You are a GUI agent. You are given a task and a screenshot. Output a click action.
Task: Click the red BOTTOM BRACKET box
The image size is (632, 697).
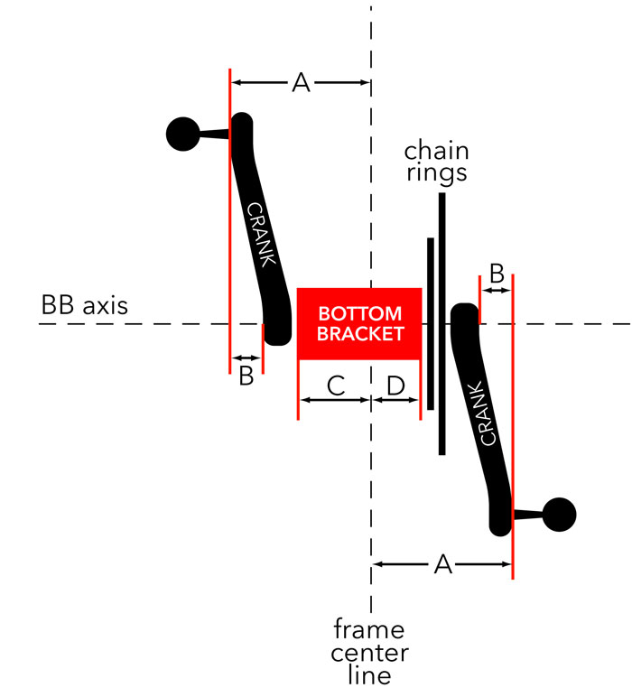click(x=359, y=323)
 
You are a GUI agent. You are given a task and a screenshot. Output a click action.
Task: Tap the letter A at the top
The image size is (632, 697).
click(x=301, y=83)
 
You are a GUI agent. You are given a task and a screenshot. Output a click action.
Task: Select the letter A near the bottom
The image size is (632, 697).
click(x=442, y=564)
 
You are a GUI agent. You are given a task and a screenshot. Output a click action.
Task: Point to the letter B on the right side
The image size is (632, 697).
click(x=496, y=272)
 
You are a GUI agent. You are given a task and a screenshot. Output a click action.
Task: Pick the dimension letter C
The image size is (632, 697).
click(x=335, y=386)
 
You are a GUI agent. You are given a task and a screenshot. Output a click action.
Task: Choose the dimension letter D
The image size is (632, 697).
click(x=395, y=386)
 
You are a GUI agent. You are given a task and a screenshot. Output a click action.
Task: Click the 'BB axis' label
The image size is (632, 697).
click(x=85, y=305)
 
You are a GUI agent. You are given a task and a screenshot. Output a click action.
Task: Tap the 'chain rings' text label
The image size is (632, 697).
click(x=436, y=161)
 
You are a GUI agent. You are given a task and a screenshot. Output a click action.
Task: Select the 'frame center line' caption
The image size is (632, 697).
click(x=370, y=652)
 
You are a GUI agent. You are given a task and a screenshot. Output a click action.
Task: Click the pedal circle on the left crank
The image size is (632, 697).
click(x=183, y=135)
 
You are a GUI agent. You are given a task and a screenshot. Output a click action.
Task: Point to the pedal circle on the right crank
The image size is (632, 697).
click(x=559, y=515)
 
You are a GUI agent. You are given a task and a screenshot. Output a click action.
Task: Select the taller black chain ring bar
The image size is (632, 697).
click(x=441, y=325)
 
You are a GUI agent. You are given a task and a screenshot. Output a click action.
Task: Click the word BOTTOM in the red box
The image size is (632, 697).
click(x=359, y=314)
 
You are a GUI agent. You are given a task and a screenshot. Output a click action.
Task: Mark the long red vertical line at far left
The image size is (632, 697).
click(x=230, y=226)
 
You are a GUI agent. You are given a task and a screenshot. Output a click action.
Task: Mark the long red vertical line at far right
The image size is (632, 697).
click(x=512, y=433)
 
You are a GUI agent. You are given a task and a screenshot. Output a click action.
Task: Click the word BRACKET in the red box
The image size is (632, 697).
click(x=360, y=334)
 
